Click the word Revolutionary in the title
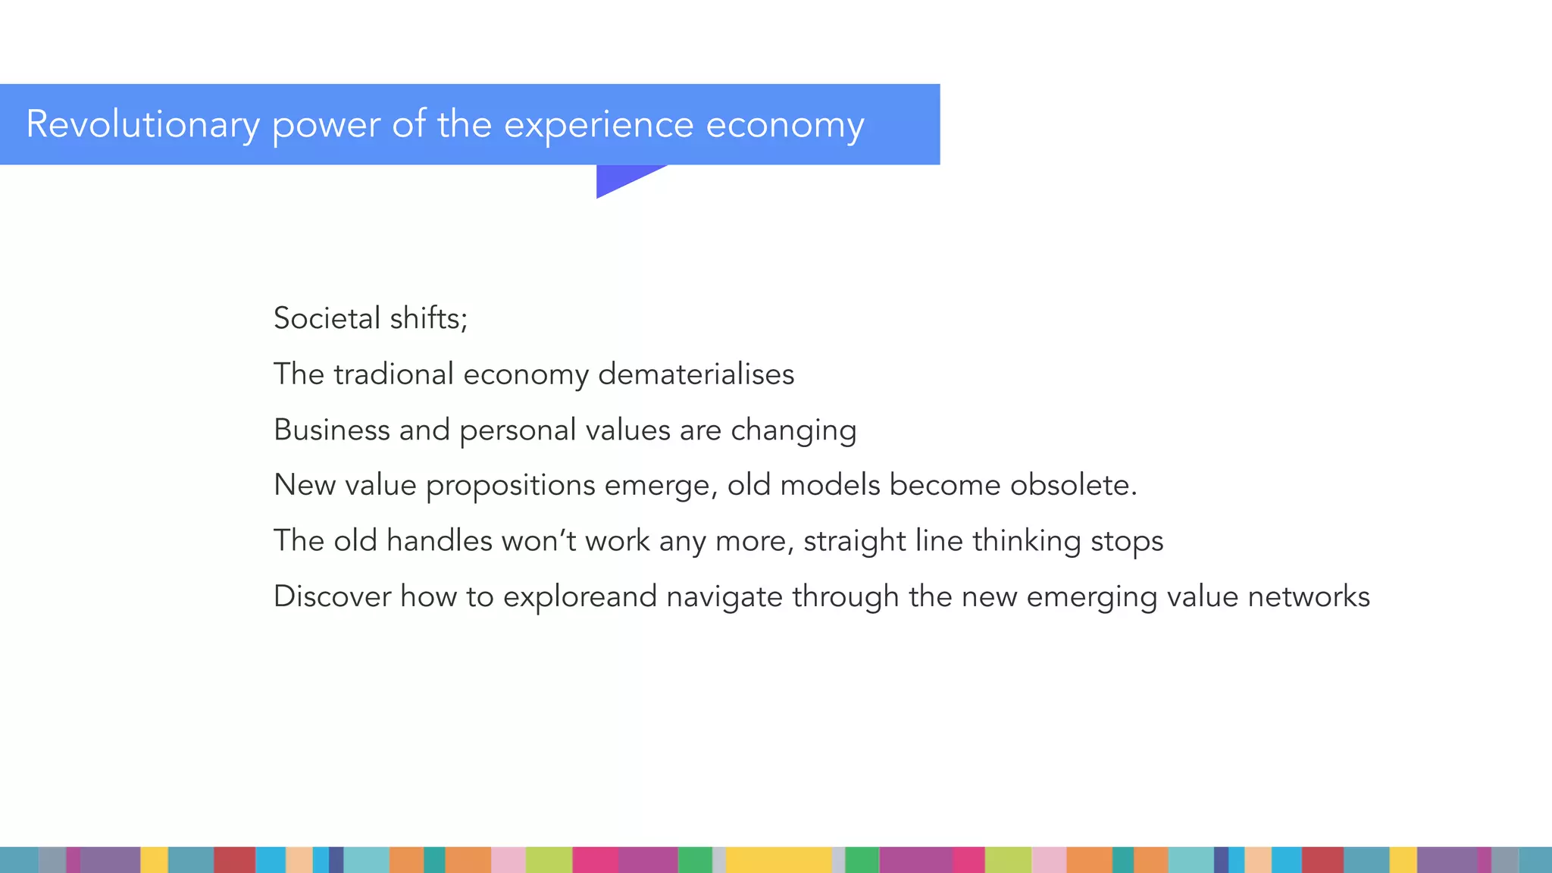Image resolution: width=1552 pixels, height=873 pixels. pos(142,124)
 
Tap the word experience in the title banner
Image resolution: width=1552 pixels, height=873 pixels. pos(599,124)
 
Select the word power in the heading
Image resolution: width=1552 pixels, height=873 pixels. pos(326,124)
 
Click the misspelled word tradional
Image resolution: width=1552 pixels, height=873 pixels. pos(393,374)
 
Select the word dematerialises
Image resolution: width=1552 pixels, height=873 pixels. pos(696,374)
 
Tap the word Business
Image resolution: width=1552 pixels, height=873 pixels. pos(332,430)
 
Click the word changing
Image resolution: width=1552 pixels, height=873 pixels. pos(793,430)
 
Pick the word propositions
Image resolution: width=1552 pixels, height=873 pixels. pos(511,486)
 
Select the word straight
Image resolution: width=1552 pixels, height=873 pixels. pos(855,542)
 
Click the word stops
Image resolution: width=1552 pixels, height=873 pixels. pos(1127,542)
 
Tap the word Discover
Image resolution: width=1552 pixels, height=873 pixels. pos(332,596)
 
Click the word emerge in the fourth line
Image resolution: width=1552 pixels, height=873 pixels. pos(661,486)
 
